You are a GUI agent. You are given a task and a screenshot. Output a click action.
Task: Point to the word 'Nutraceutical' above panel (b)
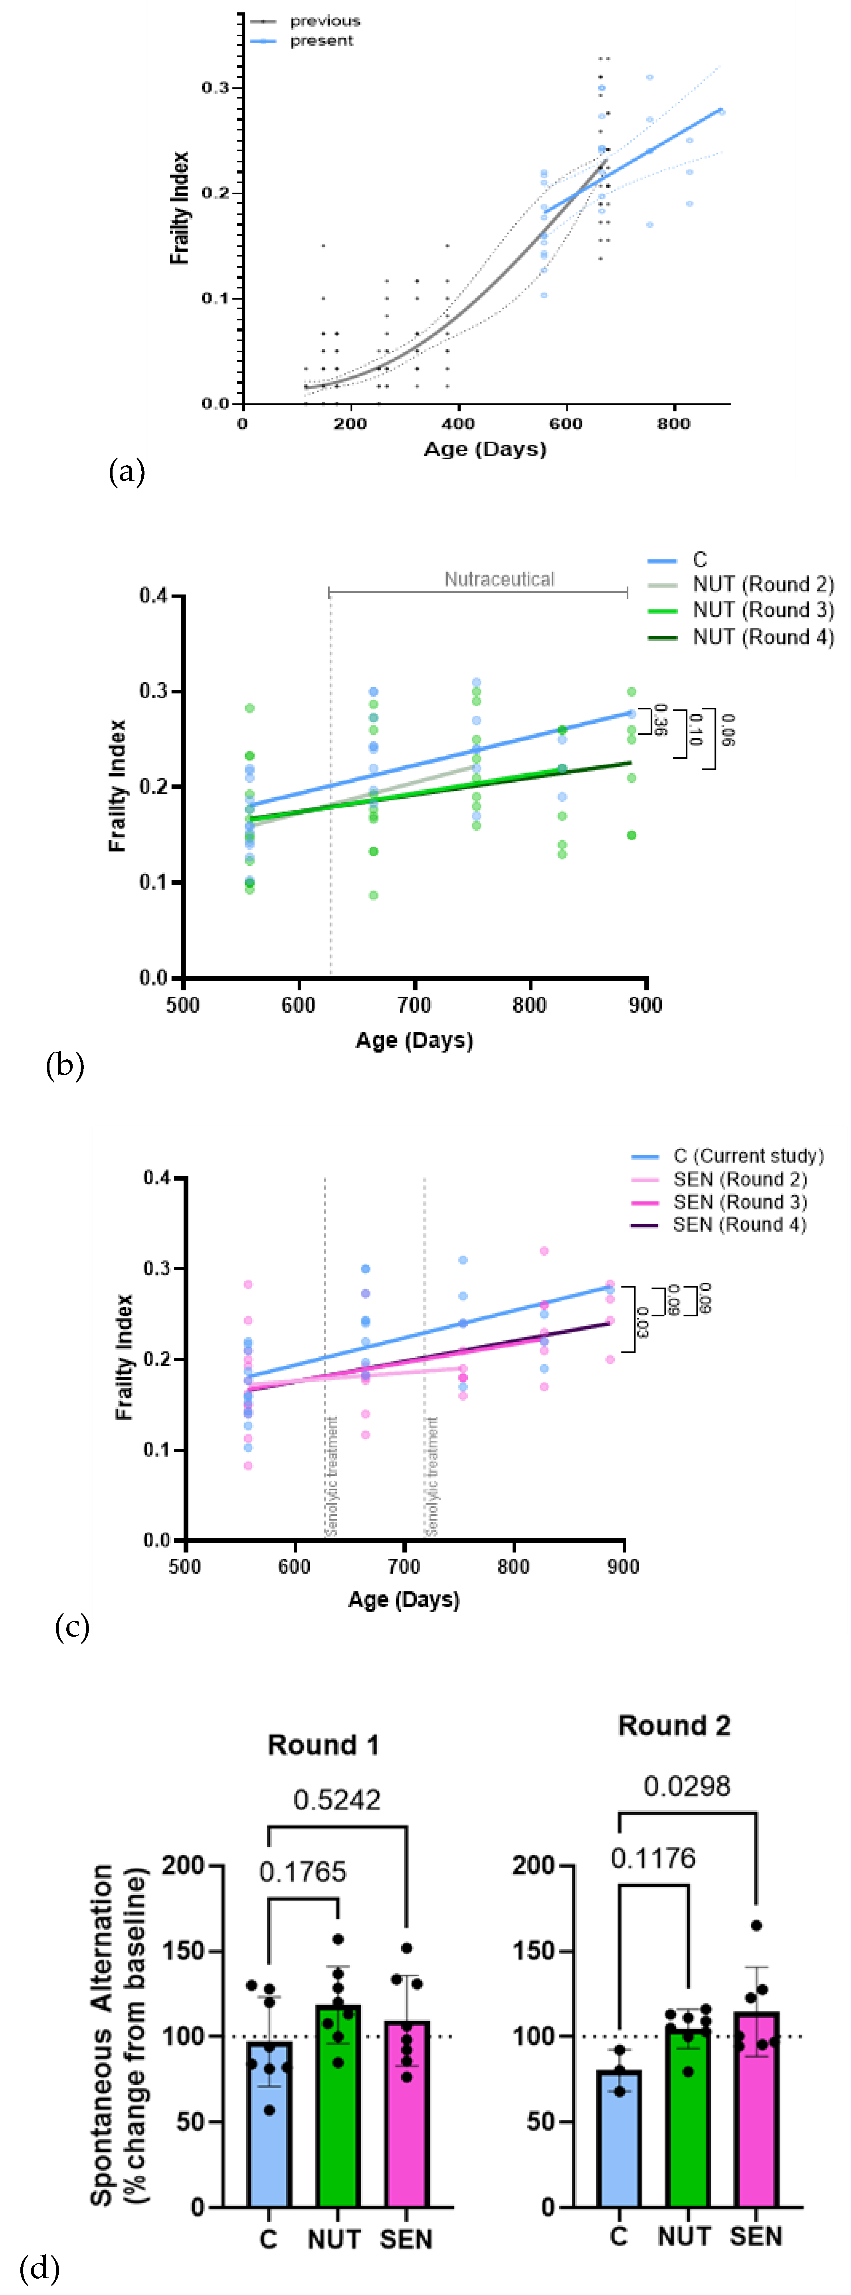(x=499, y=579)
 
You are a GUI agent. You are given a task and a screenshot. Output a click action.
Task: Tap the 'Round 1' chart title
(x=323, y=1744)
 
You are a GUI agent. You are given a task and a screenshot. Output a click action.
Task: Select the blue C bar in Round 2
(x=618, y=2138)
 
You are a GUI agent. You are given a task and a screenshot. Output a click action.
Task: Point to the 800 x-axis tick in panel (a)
(x=674, y=423)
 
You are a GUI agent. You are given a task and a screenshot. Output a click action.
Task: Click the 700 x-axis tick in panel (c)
(x=404, y=1566)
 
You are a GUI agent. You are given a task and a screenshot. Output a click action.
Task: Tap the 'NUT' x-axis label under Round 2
(x=685, y=2236)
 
